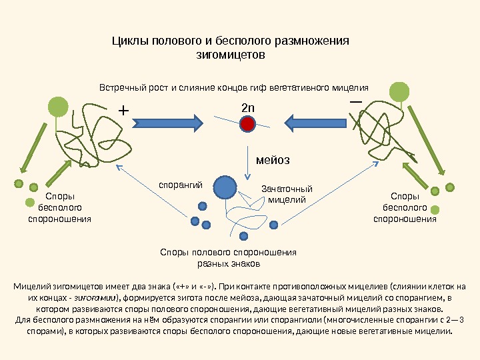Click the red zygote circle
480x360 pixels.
click(x=248, y=124)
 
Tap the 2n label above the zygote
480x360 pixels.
click(x=248, y=107)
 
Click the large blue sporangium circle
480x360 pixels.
click(x=225, y=187)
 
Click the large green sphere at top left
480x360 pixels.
click(x=59, y=105)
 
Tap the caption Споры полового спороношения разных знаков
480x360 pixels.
click(x=229, y=257)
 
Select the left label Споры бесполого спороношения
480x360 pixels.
click(x=59, y=207)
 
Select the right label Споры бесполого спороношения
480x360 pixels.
click(x=404, y=207)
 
